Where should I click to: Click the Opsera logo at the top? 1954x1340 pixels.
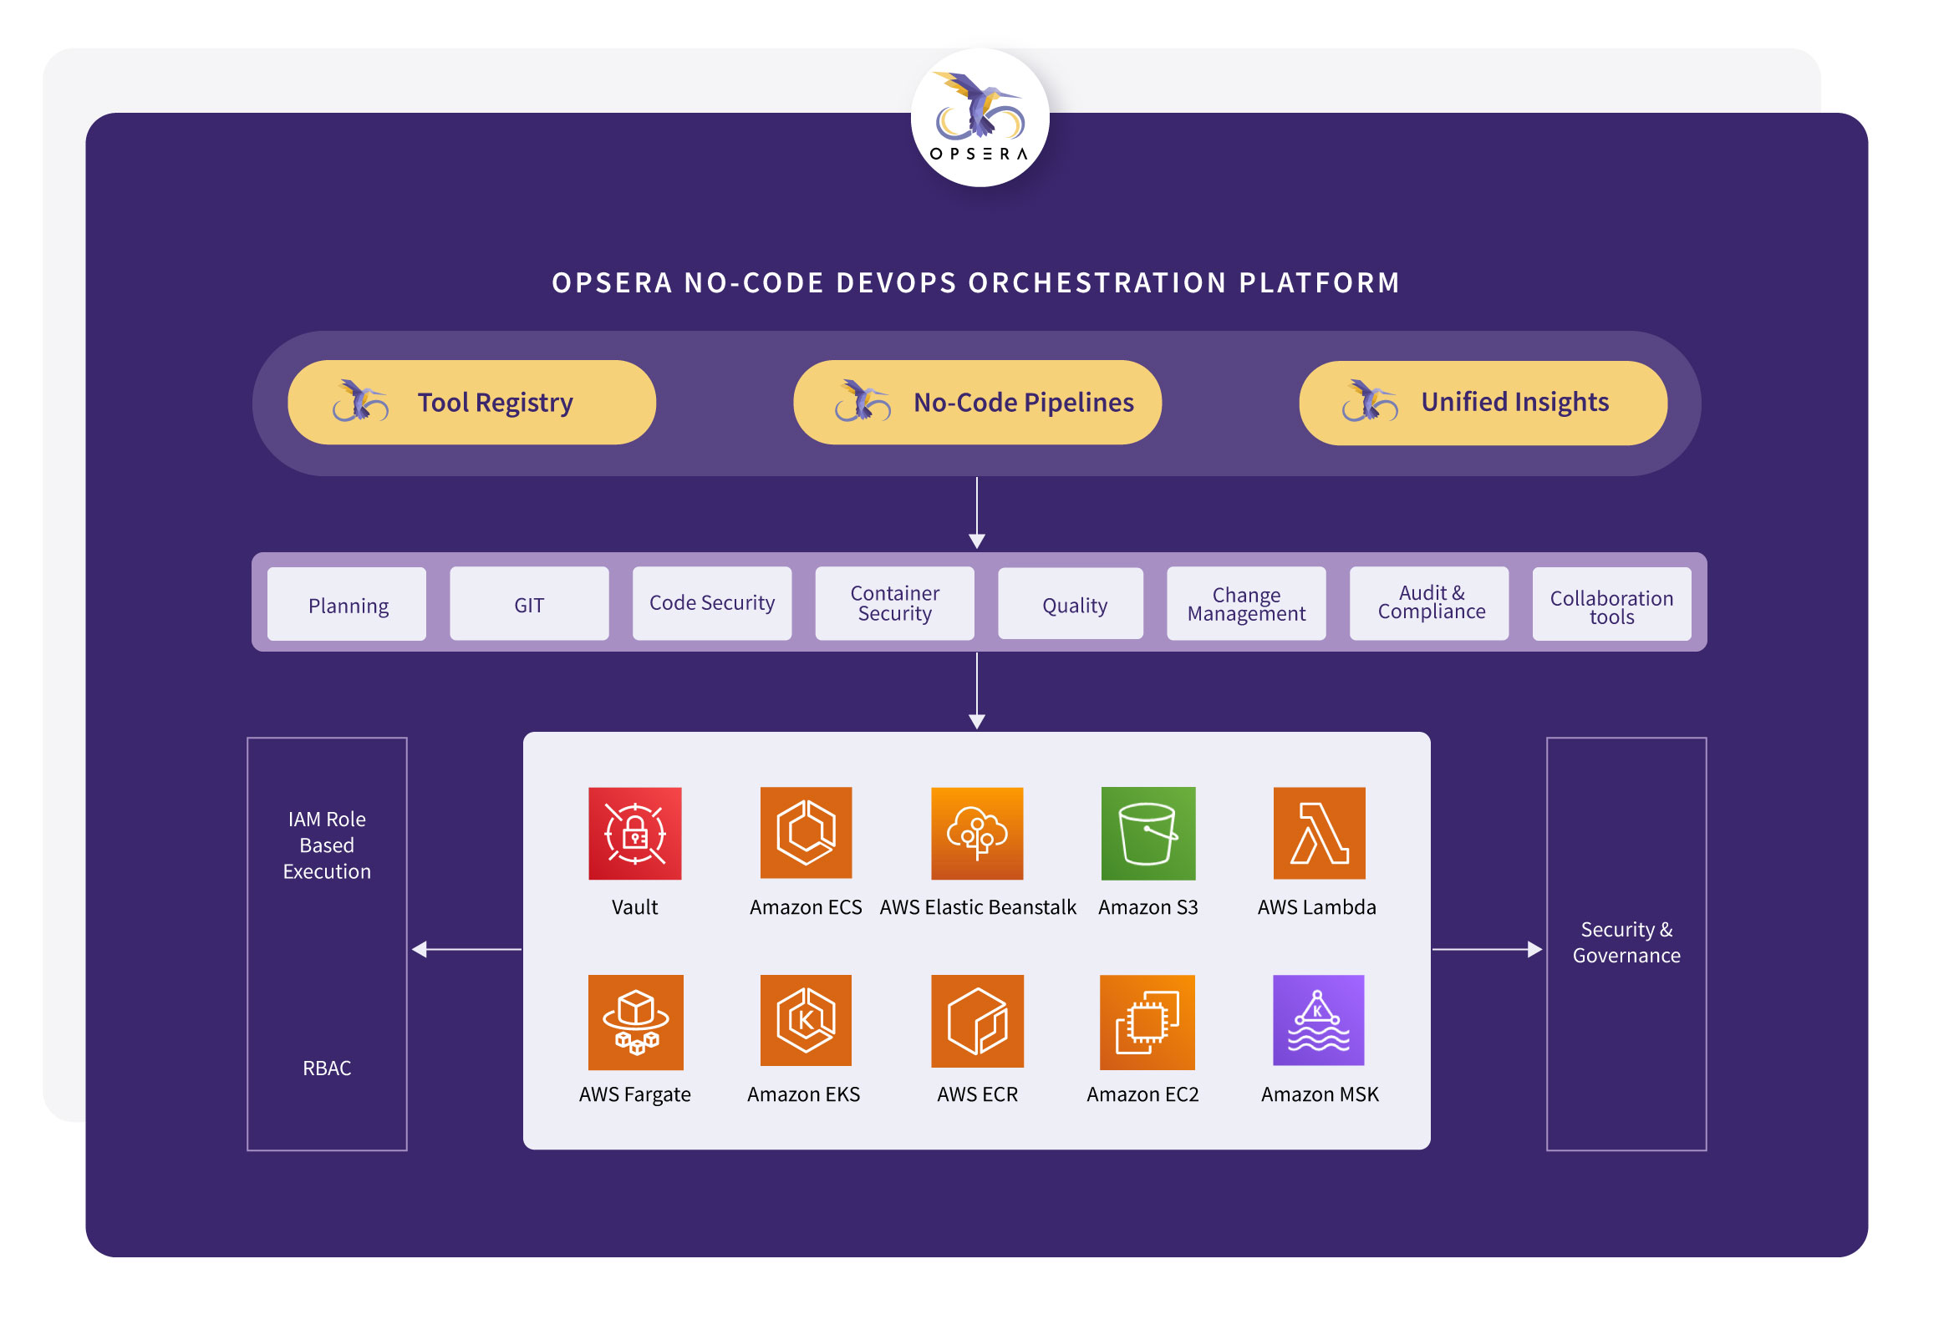pos(980,118)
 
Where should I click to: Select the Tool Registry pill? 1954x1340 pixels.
pos(471,403)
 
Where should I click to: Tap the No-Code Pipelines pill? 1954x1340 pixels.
pos(977,403)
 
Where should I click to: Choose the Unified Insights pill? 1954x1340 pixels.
pos(1483,403)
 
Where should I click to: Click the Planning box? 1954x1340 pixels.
pos(346,605)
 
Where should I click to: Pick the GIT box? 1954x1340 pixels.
pos(529,604)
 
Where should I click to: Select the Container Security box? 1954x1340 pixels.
pos(894,604)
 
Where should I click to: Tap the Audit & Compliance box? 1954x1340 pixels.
pos(1428,604)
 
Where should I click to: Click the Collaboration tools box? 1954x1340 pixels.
pos(1612,605)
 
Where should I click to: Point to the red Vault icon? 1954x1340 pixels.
pos(635,833)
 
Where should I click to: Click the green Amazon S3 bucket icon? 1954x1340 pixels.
pos(1147,833)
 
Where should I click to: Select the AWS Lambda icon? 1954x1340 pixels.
pos(1319,833)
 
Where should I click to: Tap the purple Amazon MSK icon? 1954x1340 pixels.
pos(1318,1021)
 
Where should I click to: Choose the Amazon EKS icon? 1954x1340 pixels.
pos(806,1021)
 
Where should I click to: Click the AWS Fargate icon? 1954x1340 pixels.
pos(636,1023)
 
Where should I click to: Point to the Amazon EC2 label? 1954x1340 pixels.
pos(1142,1094)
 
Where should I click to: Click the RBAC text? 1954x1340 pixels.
pos(327,1068)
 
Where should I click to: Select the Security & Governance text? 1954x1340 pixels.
pos(1626,942)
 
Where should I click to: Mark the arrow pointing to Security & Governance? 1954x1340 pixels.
pos(1488,949)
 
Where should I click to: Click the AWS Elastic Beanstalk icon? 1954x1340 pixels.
pos(977,833)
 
